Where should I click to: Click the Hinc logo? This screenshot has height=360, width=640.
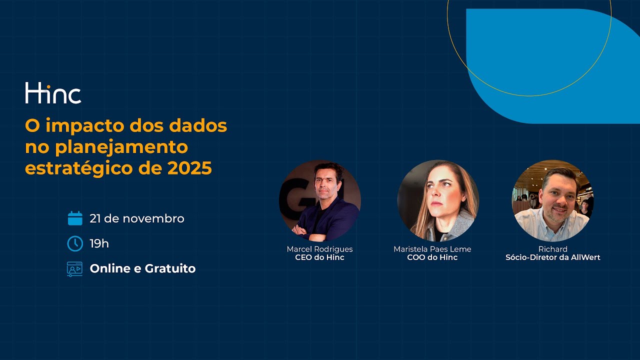coord(53,93)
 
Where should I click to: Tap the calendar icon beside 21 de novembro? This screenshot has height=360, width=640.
coord(75,218)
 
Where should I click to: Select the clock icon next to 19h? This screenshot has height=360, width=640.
coord(75,243)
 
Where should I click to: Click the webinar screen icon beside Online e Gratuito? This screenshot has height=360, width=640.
coord(75,269)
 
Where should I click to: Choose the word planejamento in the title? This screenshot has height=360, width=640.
coord(121,147)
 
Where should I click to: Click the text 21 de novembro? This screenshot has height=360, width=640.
coord(137,218)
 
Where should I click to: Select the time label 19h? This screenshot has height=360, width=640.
coord(99,243)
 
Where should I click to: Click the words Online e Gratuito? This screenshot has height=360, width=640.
coord(142,268)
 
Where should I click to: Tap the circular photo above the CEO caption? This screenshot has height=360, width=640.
coord(320,200)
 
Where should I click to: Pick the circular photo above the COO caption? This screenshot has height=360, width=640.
coord(438,200)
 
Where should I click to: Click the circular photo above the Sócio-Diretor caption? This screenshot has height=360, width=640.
coord(552,200)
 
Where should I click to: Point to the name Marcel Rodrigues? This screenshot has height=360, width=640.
coord(319,249)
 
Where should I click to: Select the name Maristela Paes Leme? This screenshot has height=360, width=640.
coord(432,249)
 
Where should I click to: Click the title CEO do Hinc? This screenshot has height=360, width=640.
coord(319,257)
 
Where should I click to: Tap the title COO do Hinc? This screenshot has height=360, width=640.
coord(432,257)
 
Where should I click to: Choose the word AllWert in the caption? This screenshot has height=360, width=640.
coord(582,257)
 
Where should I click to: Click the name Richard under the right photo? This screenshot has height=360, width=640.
coord(552,249)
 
